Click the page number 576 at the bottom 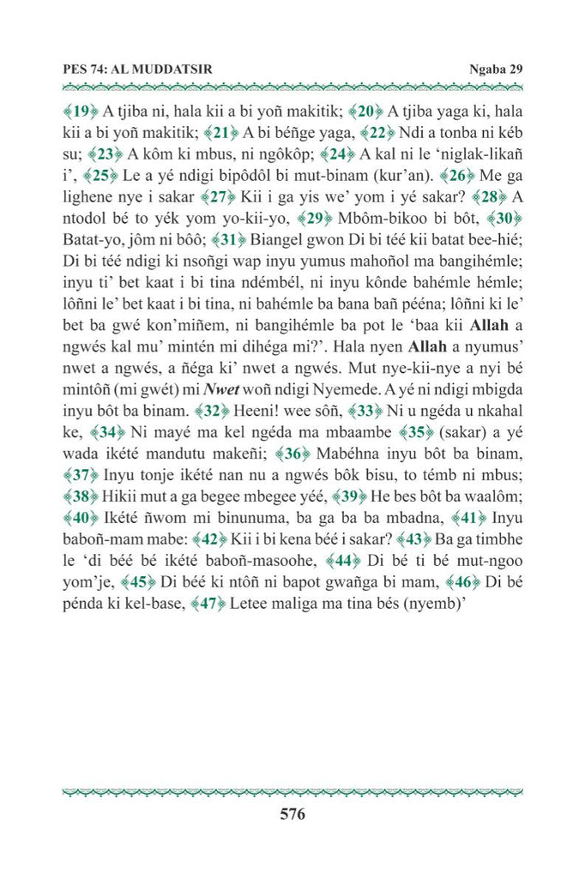tap(292, 815)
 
